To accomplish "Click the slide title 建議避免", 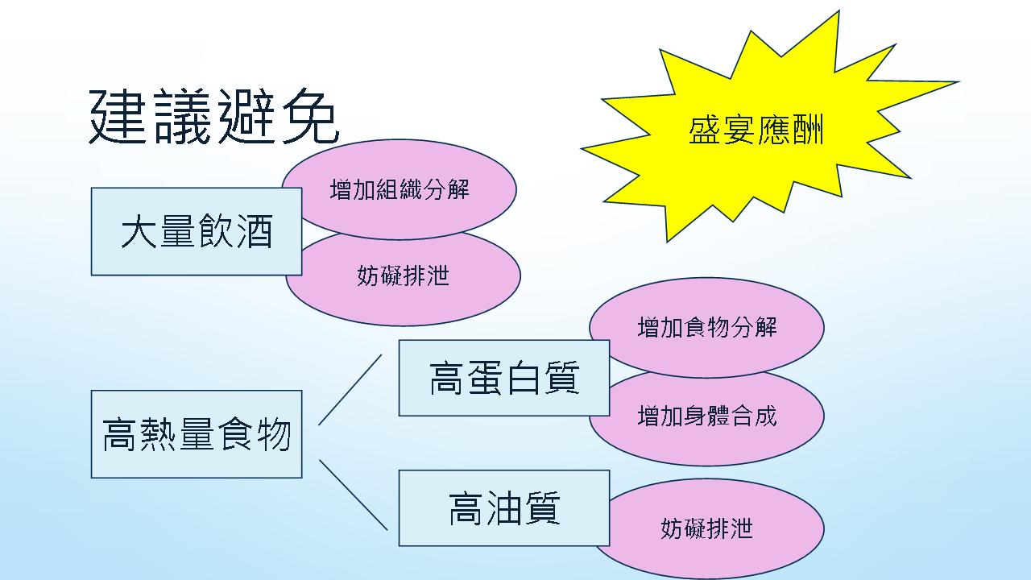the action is (x=214, y=117).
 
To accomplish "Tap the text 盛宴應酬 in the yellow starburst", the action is (x=756, y=130).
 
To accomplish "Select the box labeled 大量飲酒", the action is (x=197, y=231).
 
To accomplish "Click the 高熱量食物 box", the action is (x=197, y=434).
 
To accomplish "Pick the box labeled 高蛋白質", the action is (x=504, y=378).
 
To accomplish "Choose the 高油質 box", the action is (x=504, y=508).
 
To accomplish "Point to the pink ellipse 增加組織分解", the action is (x=399, y=189).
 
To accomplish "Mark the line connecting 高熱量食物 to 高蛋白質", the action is (x=350, y=389).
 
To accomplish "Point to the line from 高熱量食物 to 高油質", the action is (x=353, y=495).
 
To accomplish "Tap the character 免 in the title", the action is (x=310, y=117).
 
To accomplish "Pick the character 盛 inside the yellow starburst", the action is (x=705, y=130).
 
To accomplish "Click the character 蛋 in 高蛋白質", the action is (x=485, y=378).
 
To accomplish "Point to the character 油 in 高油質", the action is (x=504, y=508).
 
